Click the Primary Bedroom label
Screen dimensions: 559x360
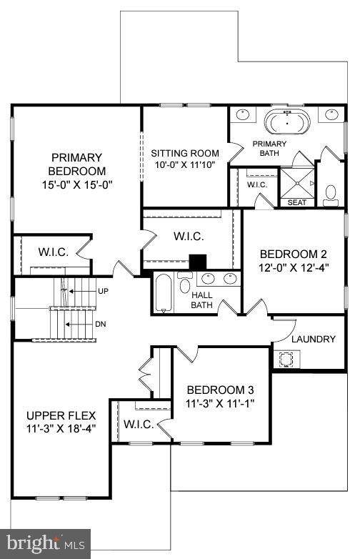(x=76, y=164)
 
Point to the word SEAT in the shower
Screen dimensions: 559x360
(x=296, y=202)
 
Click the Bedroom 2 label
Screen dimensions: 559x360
(x=293, y=254)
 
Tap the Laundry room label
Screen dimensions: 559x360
(x=313, y=339)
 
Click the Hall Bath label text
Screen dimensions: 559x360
(x=202, y=300)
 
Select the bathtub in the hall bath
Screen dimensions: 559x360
(x=164, y=293)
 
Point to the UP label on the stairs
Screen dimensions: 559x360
(x=104, y=292)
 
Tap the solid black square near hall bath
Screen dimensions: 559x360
(x=197, y=263)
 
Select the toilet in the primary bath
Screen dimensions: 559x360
(x=331, y=193)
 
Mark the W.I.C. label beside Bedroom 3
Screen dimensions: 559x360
(x=139, y=425)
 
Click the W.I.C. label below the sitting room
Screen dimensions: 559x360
(x=189, y=236)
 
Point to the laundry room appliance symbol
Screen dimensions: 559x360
(x=287, y=359)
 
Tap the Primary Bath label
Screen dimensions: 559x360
(x=269, y=148)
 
